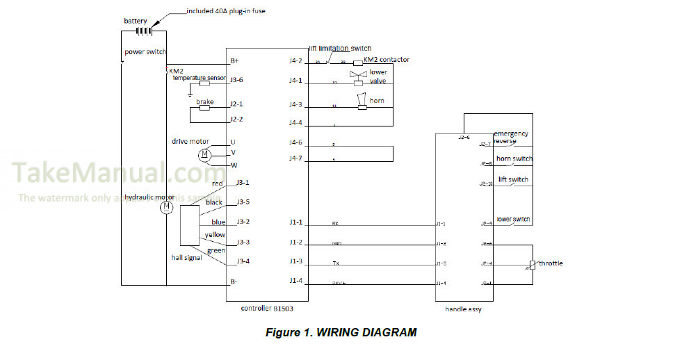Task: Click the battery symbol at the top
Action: pos(144,31)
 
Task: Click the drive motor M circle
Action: pos(204,154)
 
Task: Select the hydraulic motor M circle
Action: pos(166,207)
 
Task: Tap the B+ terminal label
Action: pos(234,61)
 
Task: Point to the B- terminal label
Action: pos(234,282)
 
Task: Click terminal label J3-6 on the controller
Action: pos(236,79)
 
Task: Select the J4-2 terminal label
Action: pos(295,61)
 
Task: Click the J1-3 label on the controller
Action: pos(295,261)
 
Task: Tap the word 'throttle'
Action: pos(551,263)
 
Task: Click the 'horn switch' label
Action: pos(514,159)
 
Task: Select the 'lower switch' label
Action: pos(513,220)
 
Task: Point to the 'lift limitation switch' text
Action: pos(341,49)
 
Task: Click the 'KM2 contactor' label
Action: pos(387,60)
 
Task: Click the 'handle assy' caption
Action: pos(463,309)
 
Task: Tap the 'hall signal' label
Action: pos(187,258)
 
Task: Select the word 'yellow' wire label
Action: pos(215,235)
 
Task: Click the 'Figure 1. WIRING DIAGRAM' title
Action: pos(341,332)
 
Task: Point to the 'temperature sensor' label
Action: pos(200,78)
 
